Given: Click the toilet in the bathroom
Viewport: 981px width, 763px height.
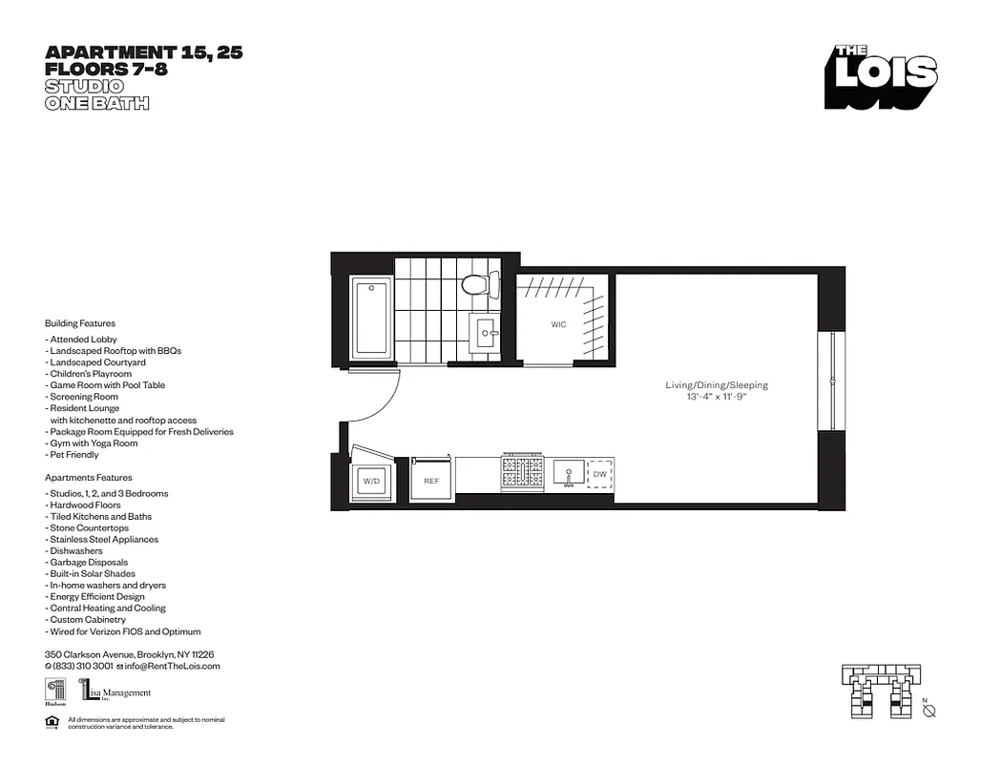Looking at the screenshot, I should point(476,283).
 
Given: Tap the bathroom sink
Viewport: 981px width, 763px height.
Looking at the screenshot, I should point(487,333).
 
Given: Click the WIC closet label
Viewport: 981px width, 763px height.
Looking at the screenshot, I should point(558,325).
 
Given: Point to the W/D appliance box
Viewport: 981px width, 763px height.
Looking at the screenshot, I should point(370,482).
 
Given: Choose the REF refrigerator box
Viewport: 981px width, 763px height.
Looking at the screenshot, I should point(431,481).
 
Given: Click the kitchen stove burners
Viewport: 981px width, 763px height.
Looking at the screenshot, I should point(521,471).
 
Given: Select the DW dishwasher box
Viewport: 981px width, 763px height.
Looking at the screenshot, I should point(599,473).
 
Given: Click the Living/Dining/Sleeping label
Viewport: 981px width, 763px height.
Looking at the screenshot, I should point(717,385).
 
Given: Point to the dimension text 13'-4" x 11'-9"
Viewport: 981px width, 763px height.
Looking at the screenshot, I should point(717,397).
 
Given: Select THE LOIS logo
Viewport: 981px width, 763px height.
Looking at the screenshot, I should point(882,76).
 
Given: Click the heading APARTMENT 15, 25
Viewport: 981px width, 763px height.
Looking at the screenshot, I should point(144,53).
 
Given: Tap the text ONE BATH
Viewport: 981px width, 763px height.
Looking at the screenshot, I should point(97,103).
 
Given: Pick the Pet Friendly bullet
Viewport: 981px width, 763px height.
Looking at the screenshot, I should point(73,455).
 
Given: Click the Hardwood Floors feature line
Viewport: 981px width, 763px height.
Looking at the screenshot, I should point(84,505).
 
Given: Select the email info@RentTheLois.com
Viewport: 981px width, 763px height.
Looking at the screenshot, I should point(173,666).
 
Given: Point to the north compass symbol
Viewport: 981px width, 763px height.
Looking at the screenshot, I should point(929,711).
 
